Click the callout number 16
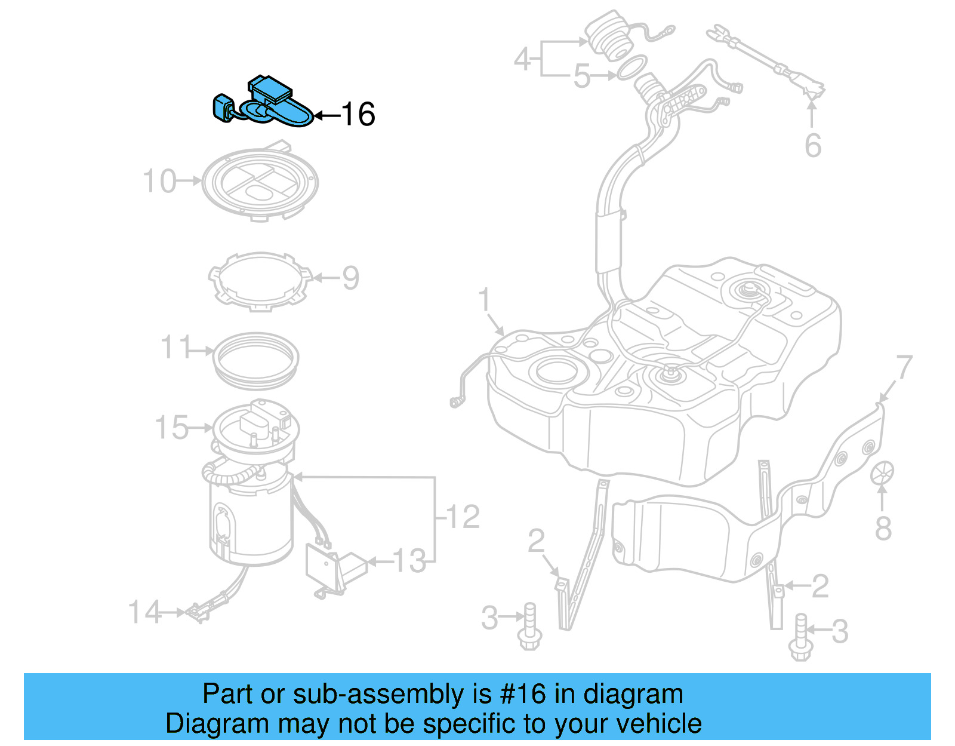click(358, 114)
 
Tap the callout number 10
click(159, 181)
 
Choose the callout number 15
click(171, 428)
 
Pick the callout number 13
click(409, 561)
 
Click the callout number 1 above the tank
click(485, 300)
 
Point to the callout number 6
click(813, 146)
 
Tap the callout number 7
click(904, 367)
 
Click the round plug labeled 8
click(882, 473)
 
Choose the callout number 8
click(883, 529)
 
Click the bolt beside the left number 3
click(529, 627)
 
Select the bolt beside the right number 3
click(800, 638)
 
